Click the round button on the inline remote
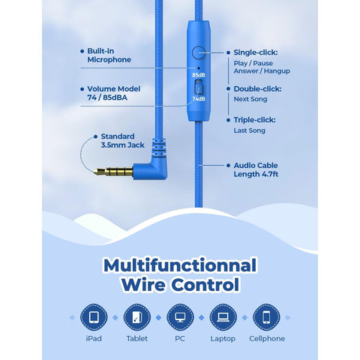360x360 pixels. [199, 52]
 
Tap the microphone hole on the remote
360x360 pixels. [199, 67]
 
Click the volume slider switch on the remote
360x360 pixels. [199, 87]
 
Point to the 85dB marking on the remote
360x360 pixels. [199, 75]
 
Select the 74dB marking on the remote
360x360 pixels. [199, 99]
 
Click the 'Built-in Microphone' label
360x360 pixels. [109, 55]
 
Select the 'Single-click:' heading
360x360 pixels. [256, 52]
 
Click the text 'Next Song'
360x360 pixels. [250, 99]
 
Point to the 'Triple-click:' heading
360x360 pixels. [254, 120]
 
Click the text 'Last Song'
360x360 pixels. [250, 130]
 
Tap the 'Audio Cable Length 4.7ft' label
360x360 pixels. [256, 169]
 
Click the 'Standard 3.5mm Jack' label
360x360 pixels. [122, 140]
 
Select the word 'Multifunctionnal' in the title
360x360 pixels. [180, 265]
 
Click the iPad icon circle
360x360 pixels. [94, 317]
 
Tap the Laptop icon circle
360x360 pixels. [223, 317]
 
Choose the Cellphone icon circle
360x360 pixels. [266, 317]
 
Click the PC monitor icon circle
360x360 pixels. [180, 317]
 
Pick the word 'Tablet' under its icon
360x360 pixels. [137, 338]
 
